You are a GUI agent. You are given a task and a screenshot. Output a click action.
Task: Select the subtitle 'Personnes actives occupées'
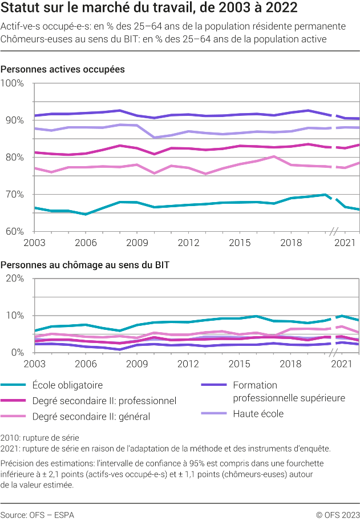tap(63, 69)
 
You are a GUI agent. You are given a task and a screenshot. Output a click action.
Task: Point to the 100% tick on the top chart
tap(12, 83)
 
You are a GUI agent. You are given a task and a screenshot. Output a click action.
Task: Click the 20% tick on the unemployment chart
tap(14, 279)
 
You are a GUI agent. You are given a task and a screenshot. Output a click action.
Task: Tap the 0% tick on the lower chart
tap(17, 353)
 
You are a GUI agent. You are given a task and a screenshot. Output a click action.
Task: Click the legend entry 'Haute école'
tap(258, 413)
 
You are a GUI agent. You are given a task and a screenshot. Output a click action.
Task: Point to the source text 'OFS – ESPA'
tap(38, 514)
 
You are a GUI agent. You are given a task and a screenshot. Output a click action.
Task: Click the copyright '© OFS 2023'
tap(338, 514)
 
